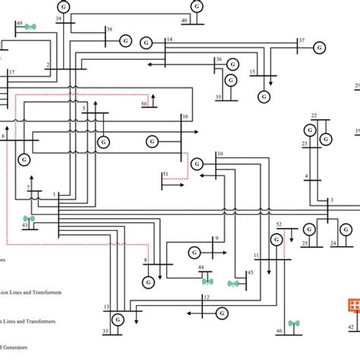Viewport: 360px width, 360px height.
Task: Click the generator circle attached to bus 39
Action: (62, 6)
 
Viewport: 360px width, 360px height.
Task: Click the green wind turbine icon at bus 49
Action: (30, 26)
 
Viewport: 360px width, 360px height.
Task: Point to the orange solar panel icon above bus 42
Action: (352, 305)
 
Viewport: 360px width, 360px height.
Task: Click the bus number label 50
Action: (144, 104)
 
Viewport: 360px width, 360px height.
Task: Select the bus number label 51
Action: (165, 175)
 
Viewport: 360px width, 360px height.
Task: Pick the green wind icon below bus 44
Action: (207, 281)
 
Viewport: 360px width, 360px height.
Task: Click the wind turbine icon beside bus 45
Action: (234, 283)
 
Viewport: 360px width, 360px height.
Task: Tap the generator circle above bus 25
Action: (309, 229)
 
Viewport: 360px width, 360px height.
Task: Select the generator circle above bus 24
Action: (346, 229)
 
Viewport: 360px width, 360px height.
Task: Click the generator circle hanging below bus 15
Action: (264, 96)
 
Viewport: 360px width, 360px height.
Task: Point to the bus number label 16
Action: (185, 116)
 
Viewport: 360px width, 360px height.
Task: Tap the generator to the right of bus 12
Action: (223, 311)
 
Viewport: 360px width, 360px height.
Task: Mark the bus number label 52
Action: (279, 224)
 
